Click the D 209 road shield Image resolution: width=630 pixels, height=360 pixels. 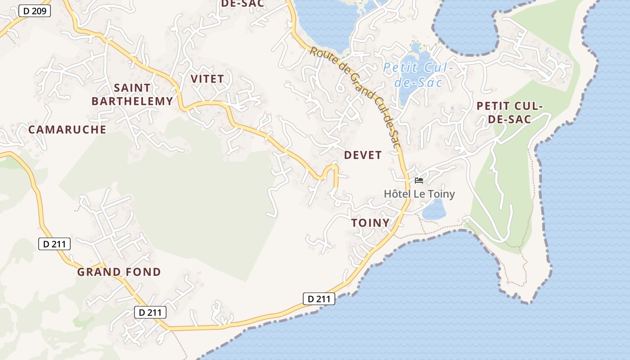tap(34, 11)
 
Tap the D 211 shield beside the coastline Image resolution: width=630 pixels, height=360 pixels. tap(319, 298)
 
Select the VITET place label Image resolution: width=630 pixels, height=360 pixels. tap(207, 79)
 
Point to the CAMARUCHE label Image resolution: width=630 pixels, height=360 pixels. tap(67, 130)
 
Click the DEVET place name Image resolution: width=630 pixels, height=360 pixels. tap(363, 155)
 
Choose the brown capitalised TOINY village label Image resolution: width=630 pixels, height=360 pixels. tap(370, 223)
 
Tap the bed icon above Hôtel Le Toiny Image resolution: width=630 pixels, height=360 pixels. tap(419, 180)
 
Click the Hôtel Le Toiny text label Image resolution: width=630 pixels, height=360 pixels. tap(419, 194)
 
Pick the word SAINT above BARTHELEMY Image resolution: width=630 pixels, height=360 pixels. tap(132, 87)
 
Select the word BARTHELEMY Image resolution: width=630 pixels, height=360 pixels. tap(132, 101)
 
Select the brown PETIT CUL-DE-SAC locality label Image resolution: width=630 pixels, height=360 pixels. tap(509, 112)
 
